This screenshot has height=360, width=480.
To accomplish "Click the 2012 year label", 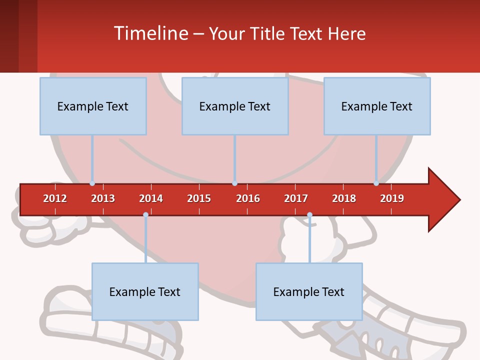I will click(x=55, y=198).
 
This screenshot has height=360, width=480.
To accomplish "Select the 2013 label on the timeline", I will click(x=103, y=198).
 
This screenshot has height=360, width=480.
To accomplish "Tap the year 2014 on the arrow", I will click(x=151, y=198).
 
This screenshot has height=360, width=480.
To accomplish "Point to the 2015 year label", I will click(x=199, y=198).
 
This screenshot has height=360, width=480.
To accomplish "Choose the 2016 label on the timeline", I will click(x=248, y=198).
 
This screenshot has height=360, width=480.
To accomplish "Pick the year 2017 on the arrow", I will click(x=296, y=198).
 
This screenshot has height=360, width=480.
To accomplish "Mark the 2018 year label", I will click(x=344, y=198).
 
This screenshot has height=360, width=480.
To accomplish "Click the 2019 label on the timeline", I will click(x=392, y=198).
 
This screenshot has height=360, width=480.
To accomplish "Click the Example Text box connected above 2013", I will click(x=93, y=106).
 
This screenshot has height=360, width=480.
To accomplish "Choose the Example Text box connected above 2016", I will click(x=235, y=106).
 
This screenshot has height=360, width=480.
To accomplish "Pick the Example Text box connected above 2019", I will click(x=377, y=106).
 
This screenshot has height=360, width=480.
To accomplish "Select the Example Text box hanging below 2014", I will click(x=145, y=291).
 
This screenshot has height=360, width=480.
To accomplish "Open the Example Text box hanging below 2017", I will click(x=309, y=291).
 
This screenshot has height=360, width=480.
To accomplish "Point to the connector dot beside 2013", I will click(x=92, y=183).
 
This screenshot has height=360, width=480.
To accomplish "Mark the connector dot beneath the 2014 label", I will click(x=145, y=215).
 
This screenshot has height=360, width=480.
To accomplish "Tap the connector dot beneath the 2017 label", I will click(x=309, y=215).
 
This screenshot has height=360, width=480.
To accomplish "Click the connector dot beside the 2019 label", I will click(x=376, y=183).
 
